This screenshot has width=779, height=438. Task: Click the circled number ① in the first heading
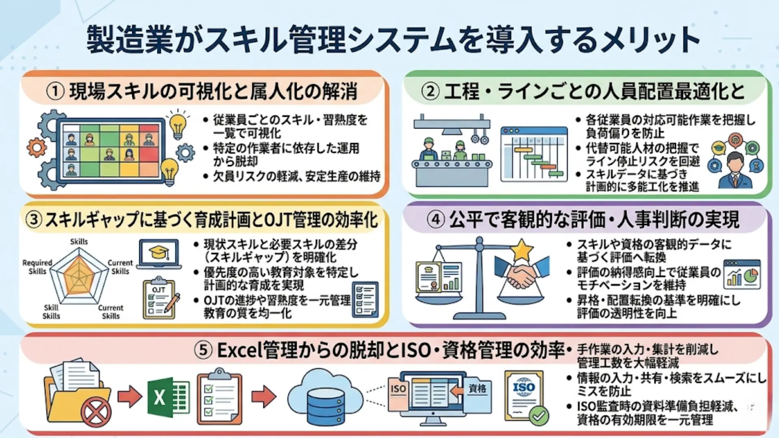(55, 91)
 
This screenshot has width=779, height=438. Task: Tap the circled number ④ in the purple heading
(436, 220)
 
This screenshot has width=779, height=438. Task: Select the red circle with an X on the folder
(96, 413)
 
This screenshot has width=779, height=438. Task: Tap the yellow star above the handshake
(521, 249)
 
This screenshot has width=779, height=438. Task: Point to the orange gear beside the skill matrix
(37, 148)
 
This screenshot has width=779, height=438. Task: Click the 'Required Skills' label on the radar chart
(37, 267)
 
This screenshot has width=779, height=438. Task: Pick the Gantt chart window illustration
(534, 154)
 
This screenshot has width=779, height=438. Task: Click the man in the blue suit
(735, 171)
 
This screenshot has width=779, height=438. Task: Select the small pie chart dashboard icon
(742, 275)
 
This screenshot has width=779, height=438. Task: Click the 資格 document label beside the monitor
(478, 389)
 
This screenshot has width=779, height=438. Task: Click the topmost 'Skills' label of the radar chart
(79, 242)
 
